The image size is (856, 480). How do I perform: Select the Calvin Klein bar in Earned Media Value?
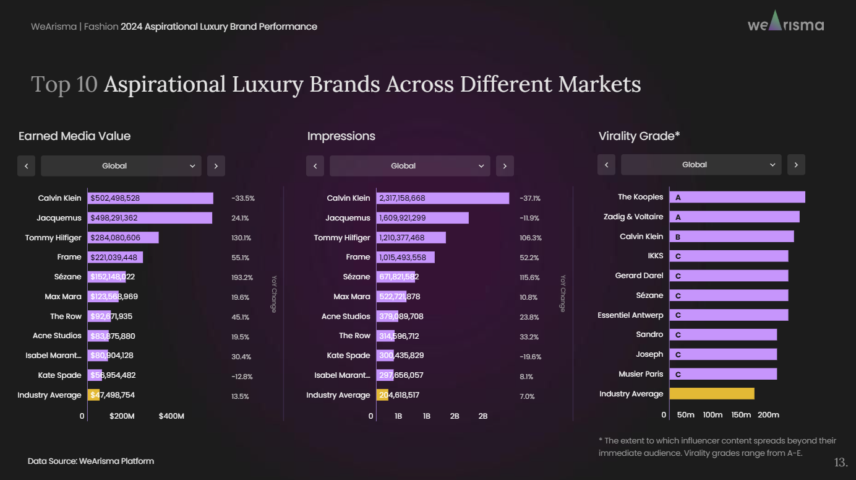pos(150,198)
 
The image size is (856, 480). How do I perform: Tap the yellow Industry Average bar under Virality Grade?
pos(711,394)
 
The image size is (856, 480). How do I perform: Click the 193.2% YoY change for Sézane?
pos(242,277)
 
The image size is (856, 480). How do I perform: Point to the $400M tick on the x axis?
pos(171,416)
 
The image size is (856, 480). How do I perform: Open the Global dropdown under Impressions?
pos(409,166)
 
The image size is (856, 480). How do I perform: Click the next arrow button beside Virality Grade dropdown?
pos(796,165)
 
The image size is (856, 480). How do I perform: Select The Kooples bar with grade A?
pos(737,198)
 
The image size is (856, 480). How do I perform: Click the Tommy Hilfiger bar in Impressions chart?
pos(411,238)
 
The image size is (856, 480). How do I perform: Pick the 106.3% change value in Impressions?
pos(531,238)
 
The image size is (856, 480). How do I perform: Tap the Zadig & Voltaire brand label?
pos(633,217)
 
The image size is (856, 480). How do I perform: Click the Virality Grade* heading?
pos(639,136)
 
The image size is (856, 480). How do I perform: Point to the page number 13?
pos(841,463)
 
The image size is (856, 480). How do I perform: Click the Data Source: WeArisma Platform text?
pos(91,461)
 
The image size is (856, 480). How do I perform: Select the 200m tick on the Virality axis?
pos(768,415)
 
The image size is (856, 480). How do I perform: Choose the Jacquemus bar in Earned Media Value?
pos(150,218)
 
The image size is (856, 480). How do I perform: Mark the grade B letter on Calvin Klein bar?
pos(678,237)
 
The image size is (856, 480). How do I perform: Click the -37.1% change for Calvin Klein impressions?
pos(530,198)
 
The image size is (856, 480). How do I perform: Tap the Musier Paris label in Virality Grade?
pos(640,374)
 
